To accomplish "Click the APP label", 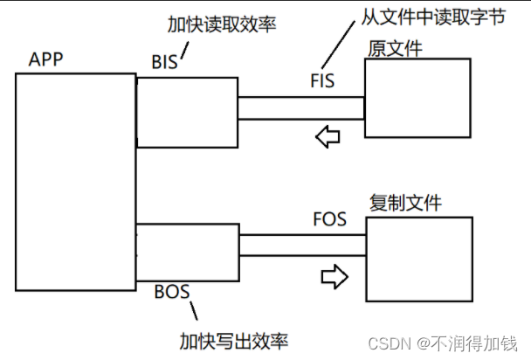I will point(45,59).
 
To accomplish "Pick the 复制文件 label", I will point(405,204).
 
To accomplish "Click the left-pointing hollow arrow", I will point(328,136).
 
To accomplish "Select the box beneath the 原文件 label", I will point(417,97).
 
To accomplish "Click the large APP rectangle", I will point(75,181).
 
